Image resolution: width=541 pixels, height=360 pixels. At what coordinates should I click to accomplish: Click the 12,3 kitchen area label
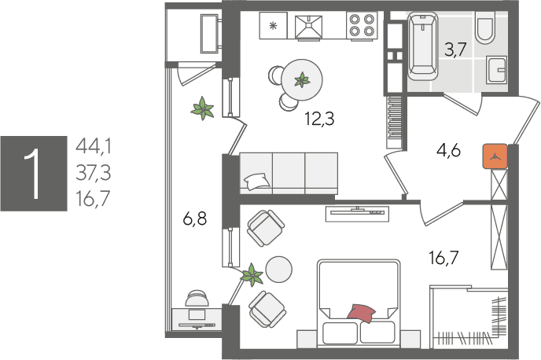pyautogui.click(x=319, y=119)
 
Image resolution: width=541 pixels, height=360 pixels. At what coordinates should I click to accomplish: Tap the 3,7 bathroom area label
pyautogui.click(x=455, y=50)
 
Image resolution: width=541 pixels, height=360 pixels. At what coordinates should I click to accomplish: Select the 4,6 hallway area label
pyautogui.click(x=448, y=151)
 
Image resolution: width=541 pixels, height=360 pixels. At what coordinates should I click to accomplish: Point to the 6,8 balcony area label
pyautogui.click(x=195, y=219)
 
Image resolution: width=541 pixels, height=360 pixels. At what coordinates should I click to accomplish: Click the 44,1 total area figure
pyautogui.click(x=94, y=146)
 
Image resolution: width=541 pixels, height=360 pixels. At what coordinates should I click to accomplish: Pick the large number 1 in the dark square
pyautogui.click(x=34, y=174)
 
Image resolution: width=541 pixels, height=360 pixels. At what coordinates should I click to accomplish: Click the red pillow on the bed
pyautogui.click(x=361, y=313)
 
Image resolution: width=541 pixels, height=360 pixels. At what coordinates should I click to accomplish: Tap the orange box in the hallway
pyautogui.click(x=495, y=156)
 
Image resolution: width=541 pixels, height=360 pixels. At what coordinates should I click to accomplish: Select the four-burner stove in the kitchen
pyautogui.click(x=362, y=25)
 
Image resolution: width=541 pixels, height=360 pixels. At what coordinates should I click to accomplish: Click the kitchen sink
pyautogui.click(x=309, y=27)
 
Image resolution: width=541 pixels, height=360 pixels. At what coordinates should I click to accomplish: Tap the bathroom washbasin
pyautogui.click(x=497, y=70)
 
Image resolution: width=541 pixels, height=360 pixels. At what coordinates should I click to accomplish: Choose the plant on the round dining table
pyautogui.click(x=302, y=79)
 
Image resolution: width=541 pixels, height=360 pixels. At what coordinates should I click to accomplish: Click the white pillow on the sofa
pyautogui.click(x=257, y=181)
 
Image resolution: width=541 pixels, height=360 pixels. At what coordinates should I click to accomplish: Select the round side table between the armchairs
pyautogui.click(x=279, y=270)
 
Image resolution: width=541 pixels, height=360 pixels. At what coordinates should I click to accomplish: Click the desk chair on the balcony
pyautogui.click(x=197, y=298)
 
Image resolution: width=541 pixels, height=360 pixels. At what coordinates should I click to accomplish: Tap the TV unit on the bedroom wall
pyautogui.click(x=358, y=214)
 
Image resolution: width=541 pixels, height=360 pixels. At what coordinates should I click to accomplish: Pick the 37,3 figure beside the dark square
pyautogui.click(x=94, y=172)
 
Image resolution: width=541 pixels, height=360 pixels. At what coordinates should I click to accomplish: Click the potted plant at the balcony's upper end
pyautogui.click(x=203, y=108)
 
